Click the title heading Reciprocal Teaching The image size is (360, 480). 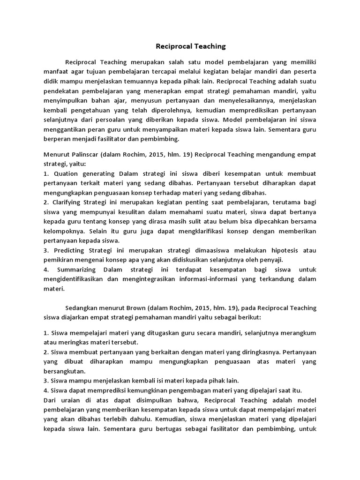pos(191,46)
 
